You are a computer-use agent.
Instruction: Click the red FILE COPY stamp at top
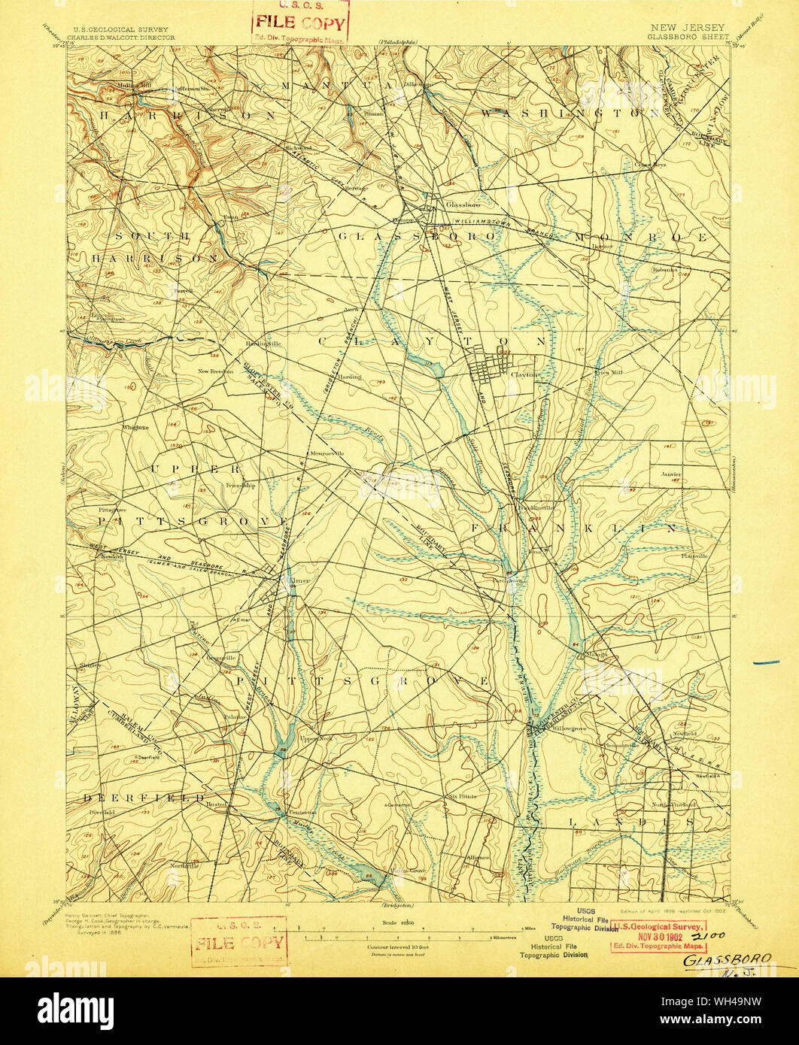[x=299, y=23]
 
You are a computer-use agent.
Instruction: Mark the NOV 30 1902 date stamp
[x=658, y=936]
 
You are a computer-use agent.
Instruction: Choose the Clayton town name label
[x=524, y=374]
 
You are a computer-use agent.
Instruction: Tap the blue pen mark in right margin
[x=765, y=662]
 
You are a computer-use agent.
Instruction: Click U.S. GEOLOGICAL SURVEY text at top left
[x=120, y=29]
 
